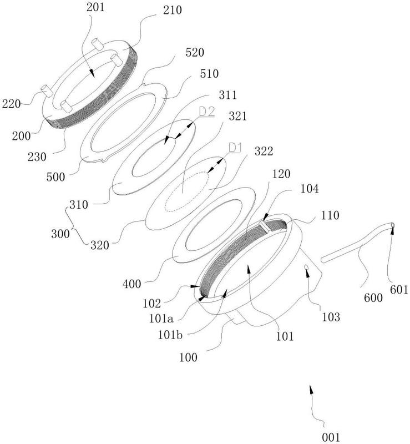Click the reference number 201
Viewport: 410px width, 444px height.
click(95, 7)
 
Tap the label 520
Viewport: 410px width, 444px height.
click(195, 52)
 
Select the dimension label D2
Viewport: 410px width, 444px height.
click(207, 112)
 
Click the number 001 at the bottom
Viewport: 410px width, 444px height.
click(331, 437)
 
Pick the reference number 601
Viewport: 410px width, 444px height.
click(399, 290)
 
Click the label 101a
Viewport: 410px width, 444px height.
click(161, 319)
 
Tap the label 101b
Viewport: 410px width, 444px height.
click(170, 335)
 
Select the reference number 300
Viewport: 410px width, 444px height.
click(60, 234)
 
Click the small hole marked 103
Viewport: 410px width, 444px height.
click(306, 267)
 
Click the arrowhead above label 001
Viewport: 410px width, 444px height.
click(311, 390)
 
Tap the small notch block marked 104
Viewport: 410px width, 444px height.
click(265, 226)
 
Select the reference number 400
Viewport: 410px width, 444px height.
click(131, 284)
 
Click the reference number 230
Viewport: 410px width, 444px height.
click(37, 157)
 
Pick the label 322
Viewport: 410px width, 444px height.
click(264, 151)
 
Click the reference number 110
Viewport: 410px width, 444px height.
click(330, 215)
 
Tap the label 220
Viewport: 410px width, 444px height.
click(11, 104)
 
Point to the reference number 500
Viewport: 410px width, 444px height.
click(56, 177)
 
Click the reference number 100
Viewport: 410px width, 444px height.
click(188, 357)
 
